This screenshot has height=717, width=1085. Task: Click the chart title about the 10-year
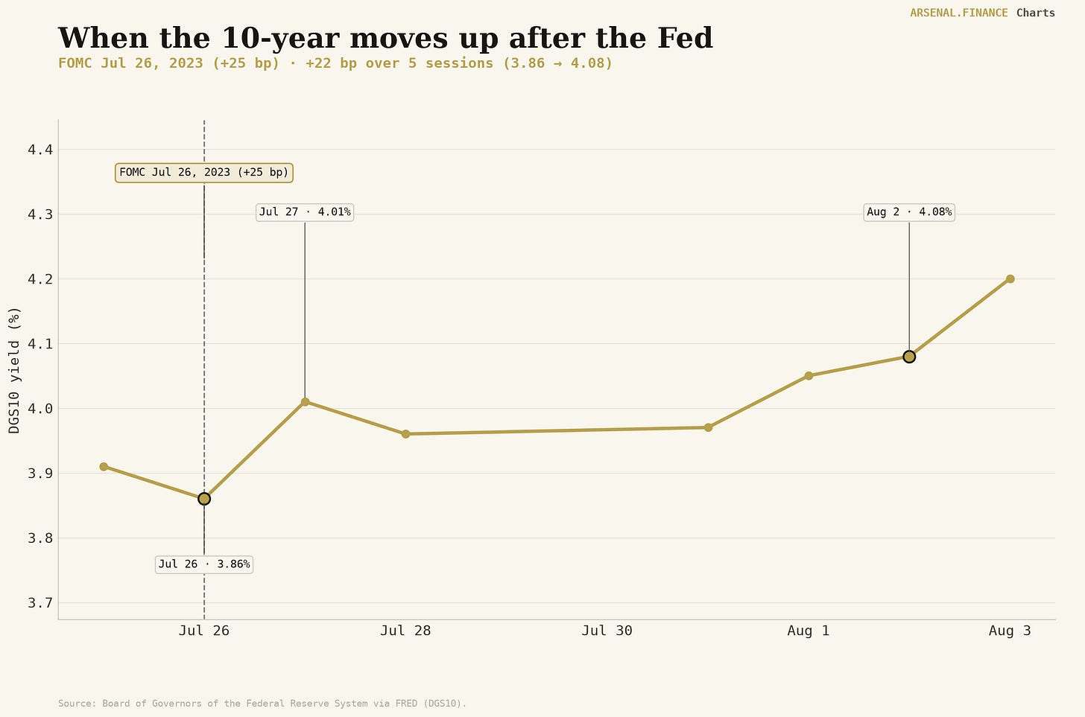point(385,38)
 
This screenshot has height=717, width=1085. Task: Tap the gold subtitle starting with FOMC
point(335,63)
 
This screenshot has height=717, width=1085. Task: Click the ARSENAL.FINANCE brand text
point(958,13)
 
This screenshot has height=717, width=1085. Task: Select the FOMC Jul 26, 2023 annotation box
point(204,173)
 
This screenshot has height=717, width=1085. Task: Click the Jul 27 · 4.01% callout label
point(305,212)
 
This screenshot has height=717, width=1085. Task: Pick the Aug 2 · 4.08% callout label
point(909,212)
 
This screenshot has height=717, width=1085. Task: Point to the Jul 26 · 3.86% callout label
point(204,564)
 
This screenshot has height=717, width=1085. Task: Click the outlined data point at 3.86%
point(204,499)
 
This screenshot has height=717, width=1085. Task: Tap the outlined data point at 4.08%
point(909,357)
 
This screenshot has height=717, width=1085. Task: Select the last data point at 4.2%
point(1010,278)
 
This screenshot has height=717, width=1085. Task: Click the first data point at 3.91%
point(104,466)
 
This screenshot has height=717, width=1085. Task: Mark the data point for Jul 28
point(405,434)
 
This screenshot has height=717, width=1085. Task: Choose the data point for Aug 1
point(809,375)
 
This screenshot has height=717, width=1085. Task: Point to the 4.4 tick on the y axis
point(40,150)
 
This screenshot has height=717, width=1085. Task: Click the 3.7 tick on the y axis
point(40,603)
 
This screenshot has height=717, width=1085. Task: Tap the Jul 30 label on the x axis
point(607,631)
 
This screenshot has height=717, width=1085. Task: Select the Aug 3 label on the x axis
point(1010,631)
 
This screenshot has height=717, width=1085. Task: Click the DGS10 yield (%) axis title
point(15,371)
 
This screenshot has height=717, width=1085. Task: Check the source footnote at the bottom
point(262,703)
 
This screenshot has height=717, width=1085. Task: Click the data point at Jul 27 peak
point(305,401)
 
